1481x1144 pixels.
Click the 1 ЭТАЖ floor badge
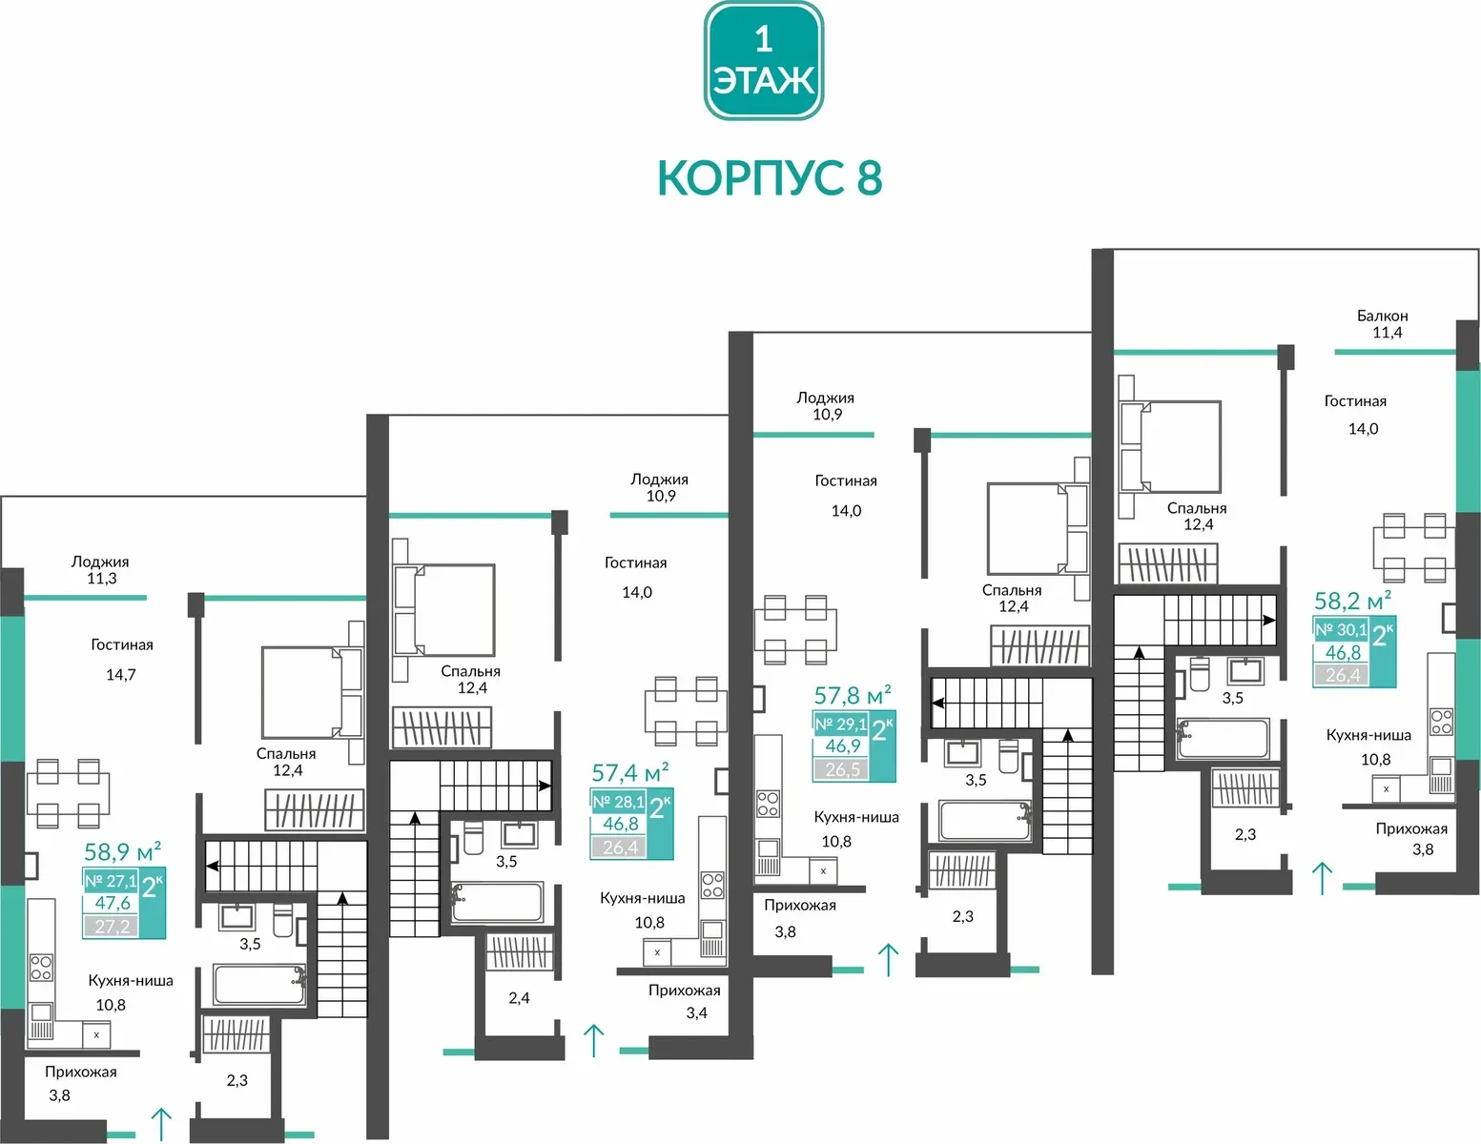pos(763,61)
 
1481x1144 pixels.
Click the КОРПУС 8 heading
pos(771,178)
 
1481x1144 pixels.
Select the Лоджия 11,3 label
pos(100,569)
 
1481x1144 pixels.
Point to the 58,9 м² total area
pos(123,851)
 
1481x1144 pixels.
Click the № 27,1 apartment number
pos(111,881)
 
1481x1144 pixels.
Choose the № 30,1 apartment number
pos(1341,629)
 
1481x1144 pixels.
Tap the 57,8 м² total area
pos(853,695)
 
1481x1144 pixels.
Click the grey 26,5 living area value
pos(842,769)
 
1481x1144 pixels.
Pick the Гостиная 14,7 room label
pos(121,659)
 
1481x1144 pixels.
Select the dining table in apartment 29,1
pos(795,629)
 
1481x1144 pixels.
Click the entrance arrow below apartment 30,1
pos(1322,878)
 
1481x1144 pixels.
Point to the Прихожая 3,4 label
pos(685,1001)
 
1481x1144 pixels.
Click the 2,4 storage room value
pos(519,997)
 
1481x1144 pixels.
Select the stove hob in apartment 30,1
pos(1441,722)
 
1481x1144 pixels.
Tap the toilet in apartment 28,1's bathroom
pos(474,837)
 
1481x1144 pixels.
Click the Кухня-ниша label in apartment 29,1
pos(856,816)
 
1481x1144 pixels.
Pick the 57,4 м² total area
pos(630,772)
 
